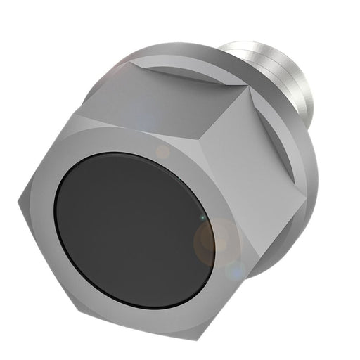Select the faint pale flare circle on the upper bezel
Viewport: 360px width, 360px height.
162,150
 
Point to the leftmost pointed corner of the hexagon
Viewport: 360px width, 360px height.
19,205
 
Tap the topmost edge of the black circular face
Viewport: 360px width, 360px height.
141,153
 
